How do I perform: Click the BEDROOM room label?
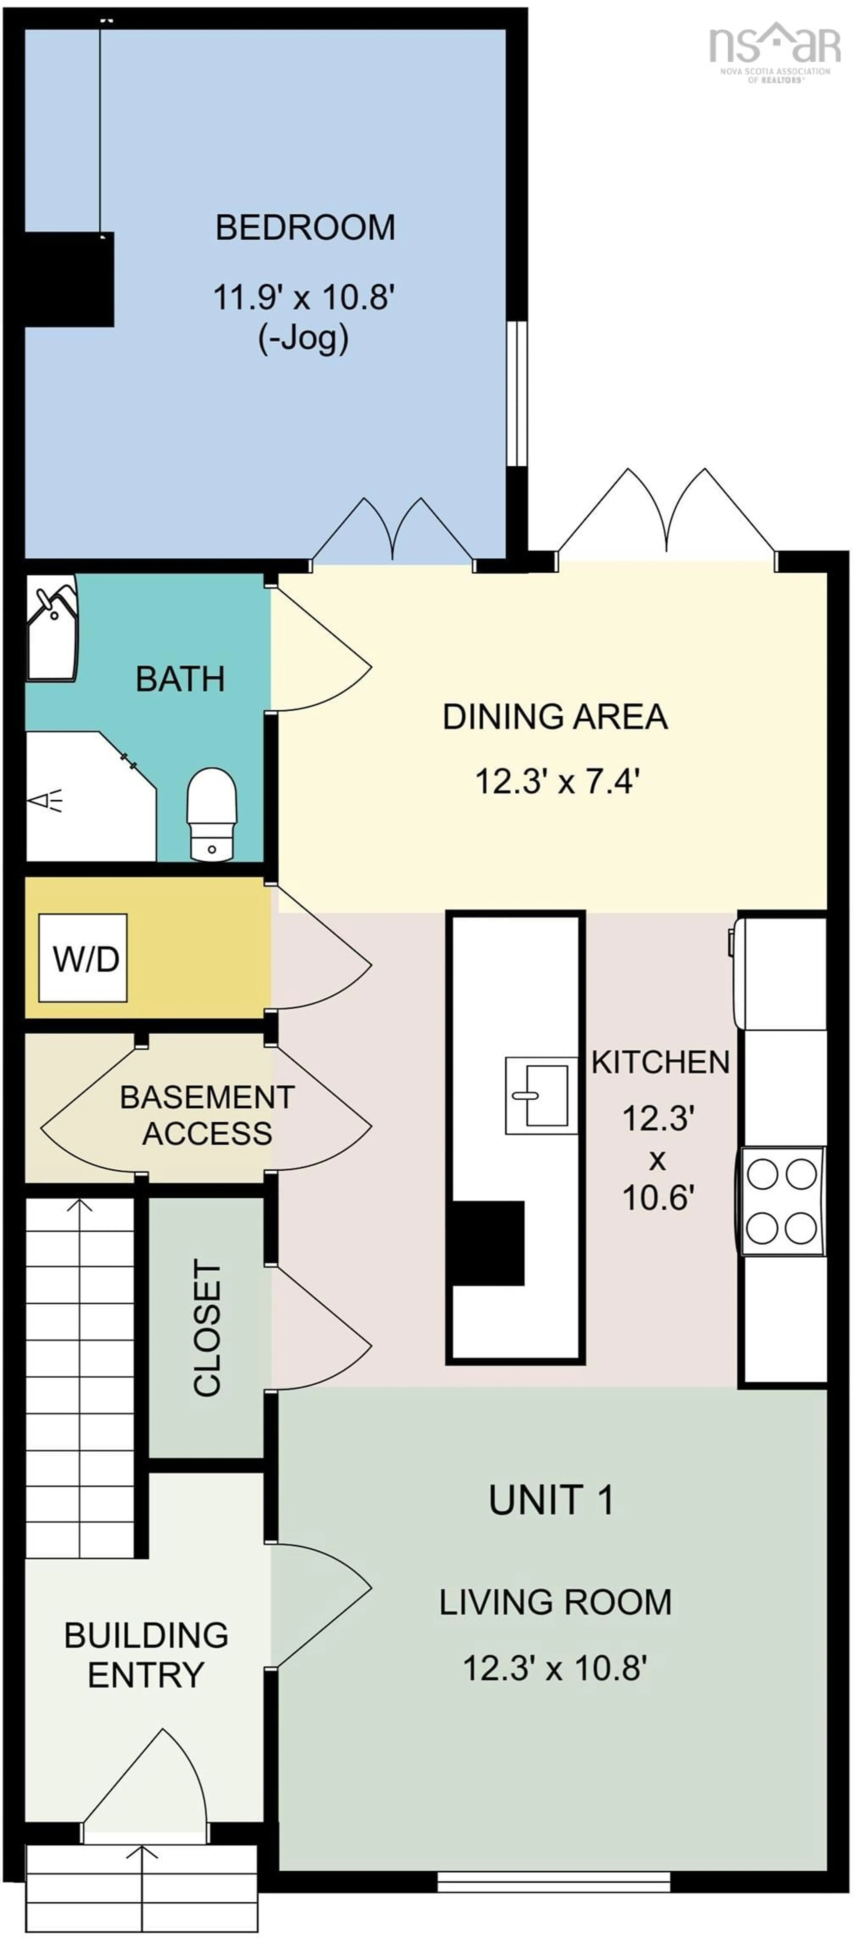305,227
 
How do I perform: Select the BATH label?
180,679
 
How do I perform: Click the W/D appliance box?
83,959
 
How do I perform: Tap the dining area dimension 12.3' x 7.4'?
558,780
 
